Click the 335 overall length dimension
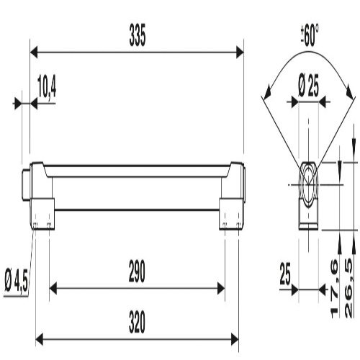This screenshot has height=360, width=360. [x=138, y=35]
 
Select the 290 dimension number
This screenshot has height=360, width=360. [x=137, y=271]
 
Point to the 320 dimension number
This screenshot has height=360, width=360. [x=137, y=322]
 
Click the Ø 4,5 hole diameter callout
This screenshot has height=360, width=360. [x=17, y=281]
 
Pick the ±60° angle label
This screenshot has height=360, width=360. [x=310, y=35]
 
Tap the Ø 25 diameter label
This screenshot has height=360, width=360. [x=309, y=86]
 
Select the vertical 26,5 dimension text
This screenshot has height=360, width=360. [x=348, y=289]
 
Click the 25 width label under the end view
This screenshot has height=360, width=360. [x=285, y=274]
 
